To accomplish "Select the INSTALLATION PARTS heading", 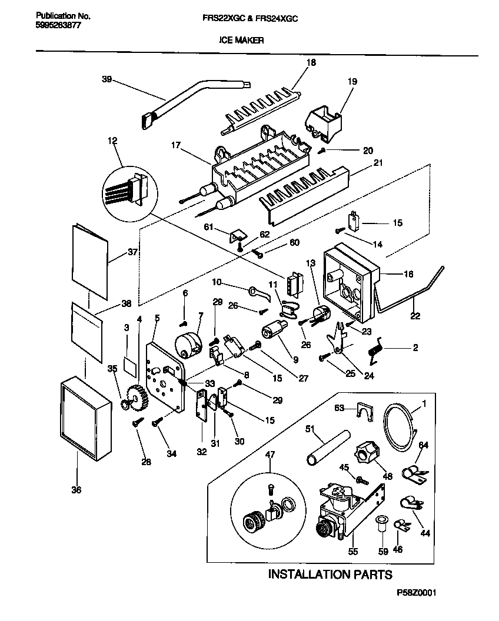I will click(330, 574).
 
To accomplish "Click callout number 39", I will click(107, 80).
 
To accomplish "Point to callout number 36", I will click(76, 489).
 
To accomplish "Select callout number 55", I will click(352, 552).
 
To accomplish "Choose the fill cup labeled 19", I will click(325, 121).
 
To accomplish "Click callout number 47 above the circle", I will click(270, 454).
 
